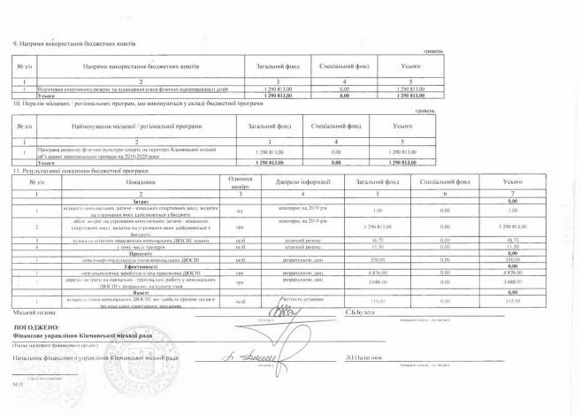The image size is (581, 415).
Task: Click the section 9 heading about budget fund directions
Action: (x=72, y=43)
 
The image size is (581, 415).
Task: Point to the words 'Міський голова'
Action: (x=32, y=312)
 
